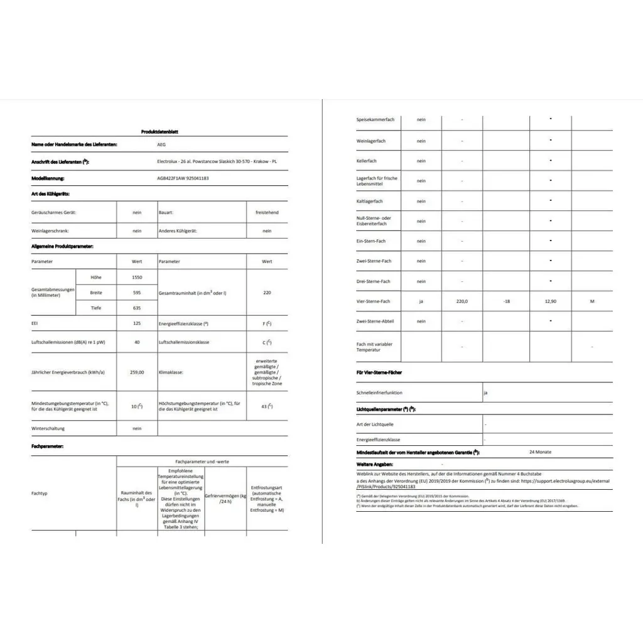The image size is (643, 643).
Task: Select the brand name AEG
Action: pyautogui.click(x=162, y=144)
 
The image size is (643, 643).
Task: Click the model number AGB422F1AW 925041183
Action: pyautogui.click(x=183, y=178)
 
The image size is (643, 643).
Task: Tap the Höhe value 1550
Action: pyautogui.click(x=137, y=277)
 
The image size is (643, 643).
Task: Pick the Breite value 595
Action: pyautogui.click(x=137, y=293)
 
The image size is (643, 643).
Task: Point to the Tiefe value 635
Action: pyautogui.click(x=137, y=308)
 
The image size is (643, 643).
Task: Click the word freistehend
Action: pyautogui.click(x=267, y=212)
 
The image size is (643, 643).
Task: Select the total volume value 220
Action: pyautogui.click(x=267, y=293)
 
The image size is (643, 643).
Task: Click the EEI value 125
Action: pyautogui.click(x=137, y=323)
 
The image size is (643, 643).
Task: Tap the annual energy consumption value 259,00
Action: pyautogui.click(x=137, y=372)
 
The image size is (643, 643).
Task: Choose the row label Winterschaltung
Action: pyautogui.click(x=48, y=428)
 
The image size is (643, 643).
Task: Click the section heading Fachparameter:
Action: pyautogui.click(x=47, y=445)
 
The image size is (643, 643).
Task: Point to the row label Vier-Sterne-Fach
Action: pyautogui.click(x=374, y=301)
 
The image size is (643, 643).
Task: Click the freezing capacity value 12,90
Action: pyautogui.click(x=550, y=301)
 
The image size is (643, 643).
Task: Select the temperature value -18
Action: pyautogui.click(x=505, y=301)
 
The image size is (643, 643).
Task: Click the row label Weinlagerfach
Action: pyautogui.click(x=371, y=141)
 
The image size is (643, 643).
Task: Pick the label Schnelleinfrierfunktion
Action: pyautogui.click(x=379, y=392)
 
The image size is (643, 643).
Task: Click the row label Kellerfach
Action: pyautogui.click(x=367, y=161)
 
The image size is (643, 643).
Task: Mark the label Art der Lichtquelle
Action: pyautogui.click(x=375, y=424)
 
